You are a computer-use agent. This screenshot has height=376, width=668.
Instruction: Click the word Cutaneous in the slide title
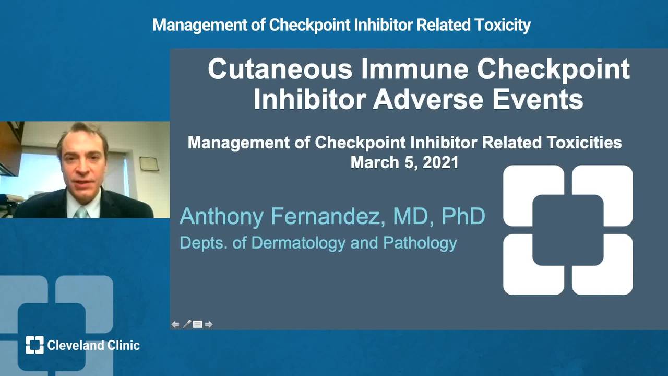(280, 69)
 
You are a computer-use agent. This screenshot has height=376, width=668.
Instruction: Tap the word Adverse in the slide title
(428, 99)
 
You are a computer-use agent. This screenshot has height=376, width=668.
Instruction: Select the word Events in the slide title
(538, 99)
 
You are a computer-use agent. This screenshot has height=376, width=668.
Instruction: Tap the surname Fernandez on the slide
(328, 216)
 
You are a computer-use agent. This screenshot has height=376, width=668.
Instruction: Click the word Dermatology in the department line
(298, 243)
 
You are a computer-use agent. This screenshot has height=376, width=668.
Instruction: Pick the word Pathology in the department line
(420, 243)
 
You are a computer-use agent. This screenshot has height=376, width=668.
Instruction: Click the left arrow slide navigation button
(175, 324)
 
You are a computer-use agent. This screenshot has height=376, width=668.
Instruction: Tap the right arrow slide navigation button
(209, 324)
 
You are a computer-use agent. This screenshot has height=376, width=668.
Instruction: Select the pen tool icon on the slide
(187, 324)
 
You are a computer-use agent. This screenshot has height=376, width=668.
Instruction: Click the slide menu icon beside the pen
(197, 324)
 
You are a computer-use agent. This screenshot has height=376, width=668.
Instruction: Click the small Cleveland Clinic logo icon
(34, 345)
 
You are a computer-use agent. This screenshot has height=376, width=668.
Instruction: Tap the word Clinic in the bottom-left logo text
(124, 346)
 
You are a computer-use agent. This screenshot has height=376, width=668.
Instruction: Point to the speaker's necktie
(81, 213)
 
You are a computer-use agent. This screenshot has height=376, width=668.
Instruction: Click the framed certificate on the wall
(149, 164)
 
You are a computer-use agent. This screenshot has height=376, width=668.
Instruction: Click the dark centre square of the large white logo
(568, 230)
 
